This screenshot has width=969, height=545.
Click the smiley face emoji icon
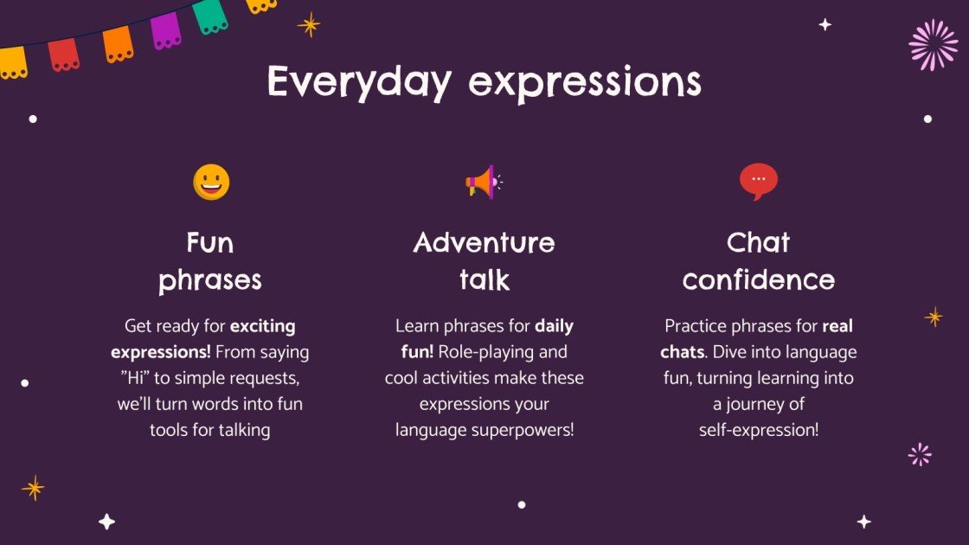pos(211,183)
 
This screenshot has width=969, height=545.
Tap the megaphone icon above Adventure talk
pos(483,182)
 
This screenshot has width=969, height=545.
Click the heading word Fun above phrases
pos(210,242)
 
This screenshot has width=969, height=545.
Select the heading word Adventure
pos(484,242)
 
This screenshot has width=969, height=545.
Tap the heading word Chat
pos(758,242)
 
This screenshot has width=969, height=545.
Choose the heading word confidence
pos(758,279)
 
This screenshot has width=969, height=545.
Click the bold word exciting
pos(263,327)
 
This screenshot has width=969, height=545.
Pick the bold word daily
pos(554,327)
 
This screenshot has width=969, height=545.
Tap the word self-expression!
pos(758,430)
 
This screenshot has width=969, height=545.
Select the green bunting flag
pos(210,16)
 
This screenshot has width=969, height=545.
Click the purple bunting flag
pos(166,30)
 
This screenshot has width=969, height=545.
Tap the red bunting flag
pos(64,54)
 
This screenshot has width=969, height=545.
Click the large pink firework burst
pos(934,45)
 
